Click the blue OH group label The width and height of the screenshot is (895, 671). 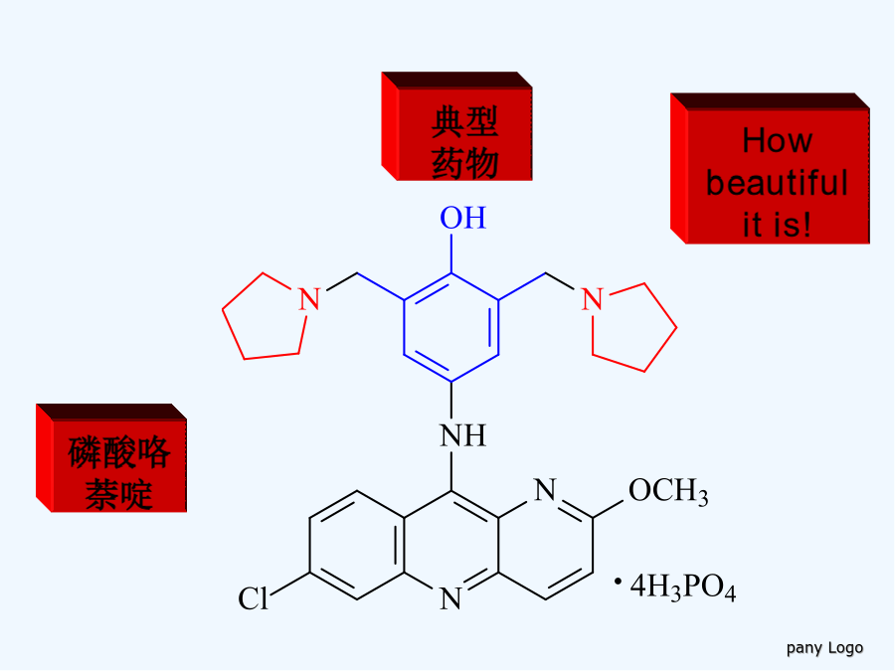coord(462,218)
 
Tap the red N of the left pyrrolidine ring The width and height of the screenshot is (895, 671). coord(309,299)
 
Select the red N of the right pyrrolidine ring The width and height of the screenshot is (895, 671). coord(592,299)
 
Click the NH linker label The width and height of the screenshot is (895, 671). coord(462,436)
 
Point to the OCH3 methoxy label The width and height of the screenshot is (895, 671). coord(668,491)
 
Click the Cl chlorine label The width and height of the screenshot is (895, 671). coord(253,599)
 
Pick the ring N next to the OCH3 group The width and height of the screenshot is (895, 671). coord(545,490)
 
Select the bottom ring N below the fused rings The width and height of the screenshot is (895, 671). coord(450,598)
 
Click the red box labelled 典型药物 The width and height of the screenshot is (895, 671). coord(456,126)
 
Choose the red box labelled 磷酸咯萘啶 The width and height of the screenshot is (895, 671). coord(111,458)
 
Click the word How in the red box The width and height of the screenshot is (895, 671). coord(777,140)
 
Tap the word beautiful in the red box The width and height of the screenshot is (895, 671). coord(777,183)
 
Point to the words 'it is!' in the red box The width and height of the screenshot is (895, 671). coord(777,225)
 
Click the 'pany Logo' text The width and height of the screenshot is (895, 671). coord(824,648)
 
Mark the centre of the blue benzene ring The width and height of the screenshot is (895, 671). coord(451,327)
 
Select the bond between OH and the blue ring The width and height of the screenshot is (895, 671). coord(451,253)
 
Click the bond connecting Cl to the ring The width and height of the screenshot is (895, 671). coord(289,584)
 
